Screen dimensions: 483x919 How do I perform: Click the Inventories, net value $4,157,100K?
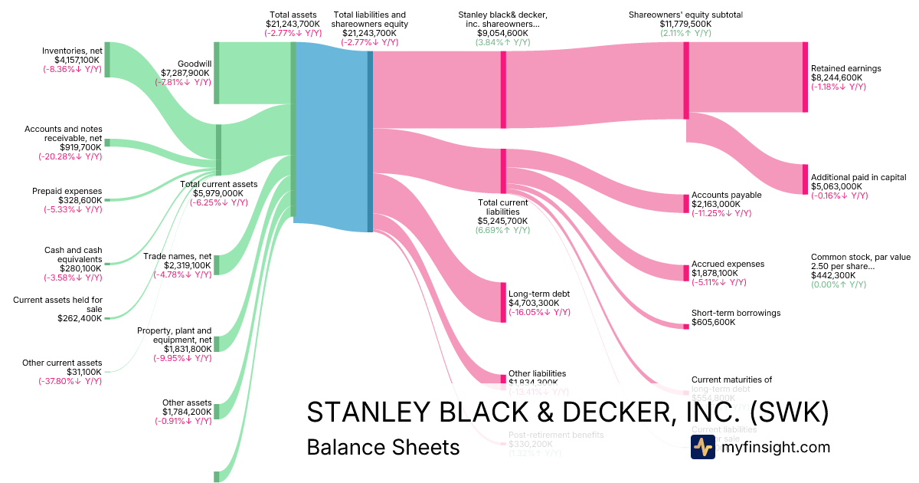(77, 60)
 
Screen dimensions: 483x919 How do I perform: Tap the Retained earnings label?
(846, 68)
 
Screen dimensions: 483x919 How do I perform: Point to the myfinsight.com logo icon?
(703, 448)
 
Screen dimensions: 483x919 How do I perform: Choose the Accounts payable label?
(726, 195)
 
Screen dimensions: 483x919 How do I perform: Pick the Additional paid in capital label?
(858, 177)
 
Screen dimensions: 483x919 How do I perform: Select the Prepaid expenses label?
(67, 192)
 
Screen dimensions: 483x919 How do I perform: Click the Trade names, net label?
(178, 255)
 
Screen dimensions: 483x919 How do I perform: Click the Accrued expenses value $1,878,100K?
(715, 273)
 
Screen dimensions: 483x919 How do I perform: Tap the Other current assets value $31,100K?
(83, 372)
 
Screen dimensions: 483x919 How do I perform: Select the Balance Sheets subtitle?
(383, 448)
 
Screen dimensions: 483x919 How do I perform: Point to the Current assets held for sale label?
(57, 304)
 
